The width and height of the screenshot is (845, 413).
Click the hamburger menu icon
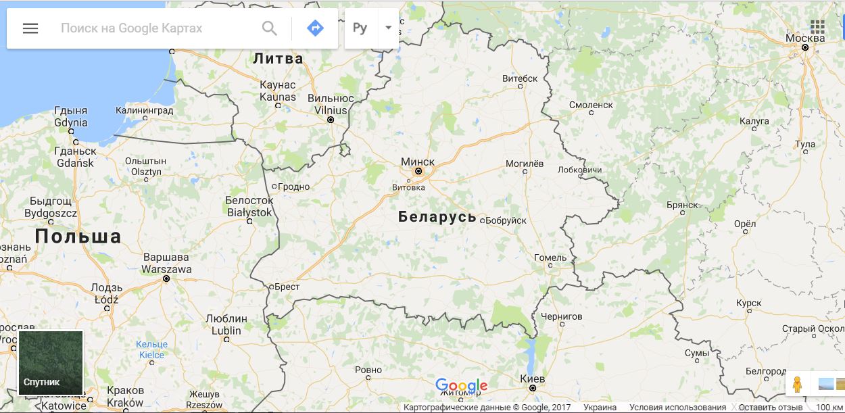(30, 28)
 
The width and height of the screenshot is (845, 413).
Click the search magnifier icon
(270, 28)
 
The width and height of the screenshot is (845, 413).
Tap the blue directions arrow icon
(315, 28)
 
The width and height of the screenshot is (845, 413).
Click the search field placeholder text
(131, 28)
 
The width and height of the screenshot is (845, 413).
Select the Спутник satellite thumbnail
(51, 363)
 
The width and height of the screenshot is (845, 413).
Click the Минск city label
(418, 162)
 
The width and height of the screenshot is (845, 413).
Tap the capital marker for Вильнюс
(331, 120)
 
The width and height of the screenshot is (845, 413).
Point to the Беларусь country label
(437, 217)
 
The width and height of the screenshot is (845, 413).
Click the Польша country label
(78, 236)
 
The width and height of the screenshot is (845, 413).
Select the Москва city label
(805, 38)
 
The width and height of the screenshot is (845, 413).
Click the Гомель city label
(550, 258)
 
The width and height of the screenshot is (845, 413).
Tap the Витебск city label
(520, 78)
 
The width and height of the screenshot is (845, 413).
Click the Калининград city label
(144, 110)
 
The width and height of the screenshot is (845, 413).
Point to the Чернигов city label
(562, 316)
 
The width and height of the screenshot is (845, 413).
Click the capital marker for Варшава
(166, 278)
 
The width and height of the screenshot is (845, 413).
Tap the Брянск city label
(681, 205)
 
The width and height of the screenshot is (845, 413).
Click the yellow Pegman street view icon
(798, 384)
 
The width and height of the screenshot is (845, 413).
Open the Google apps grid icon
(817, 26)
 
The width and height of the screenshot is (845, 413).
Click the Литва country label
(278, 59)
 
